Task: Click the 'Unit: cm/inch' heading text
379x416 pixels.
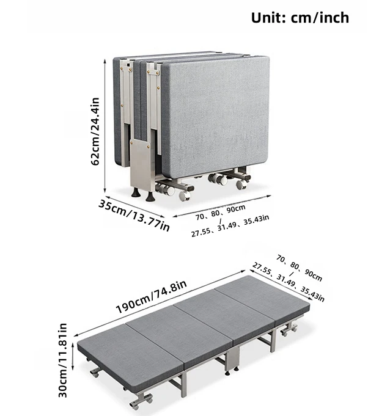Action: point(300,18)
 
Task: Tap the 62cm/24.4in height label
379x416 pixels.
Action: point(95,131)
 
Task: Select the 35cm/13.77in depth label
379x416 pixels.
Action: point(134,216)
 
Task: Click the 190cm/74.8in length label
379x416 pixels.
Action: point(151,296)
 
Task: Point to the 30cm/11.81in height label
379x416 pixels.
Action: point(62,360)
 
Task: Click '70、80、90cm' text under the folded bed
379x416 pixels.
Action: point(221,212)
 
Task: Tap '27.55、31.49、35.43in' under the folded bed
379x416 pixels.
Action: point(230,226)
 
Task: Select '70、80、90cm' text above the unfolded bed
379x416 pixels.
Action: point(300,268)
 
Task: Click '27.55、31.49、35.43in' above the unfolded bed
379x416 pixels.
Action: point(289,282)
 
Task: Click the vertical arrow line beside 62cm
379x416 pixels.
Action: point(105,126)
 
